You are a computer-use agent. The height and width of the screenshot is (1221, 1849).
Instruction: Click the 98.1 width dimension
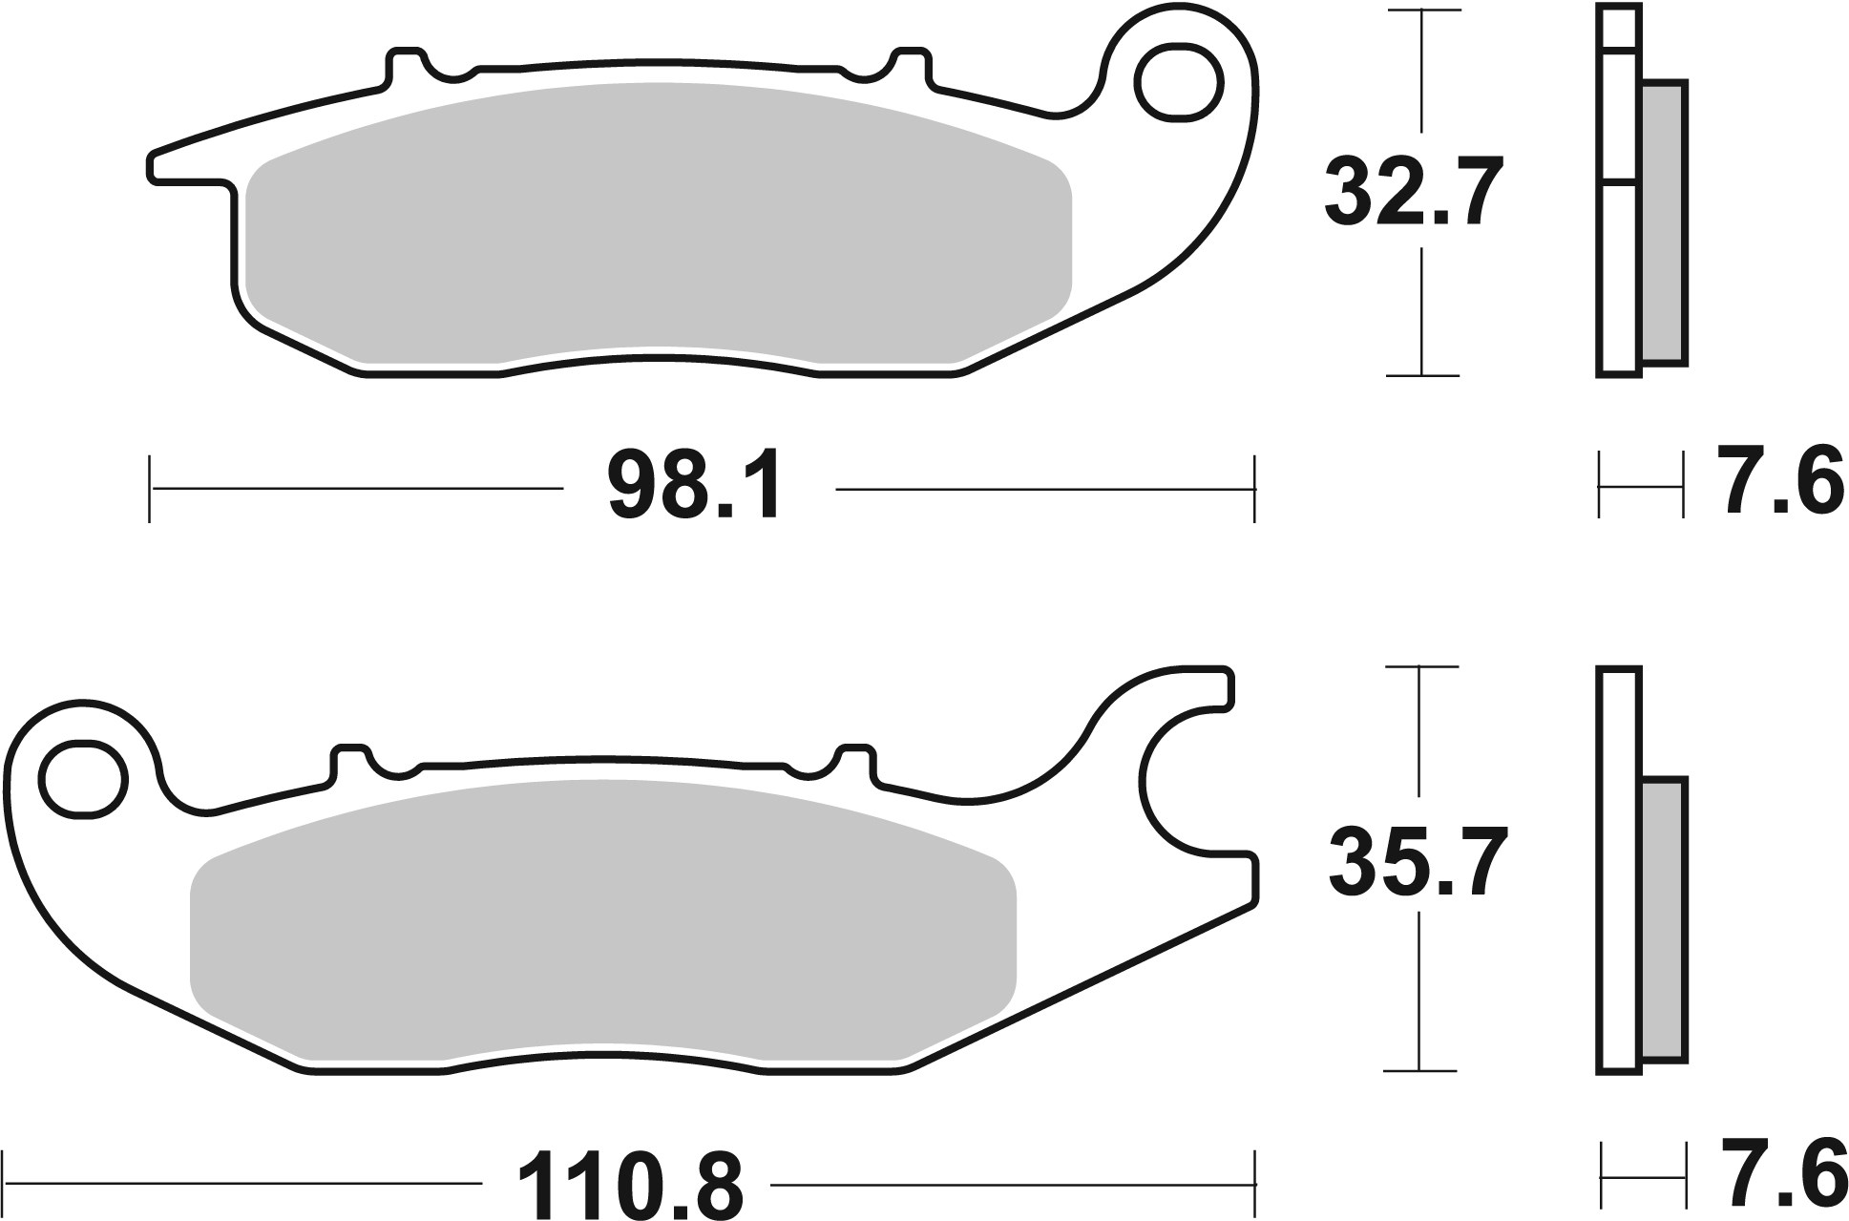click(x=696, y=489)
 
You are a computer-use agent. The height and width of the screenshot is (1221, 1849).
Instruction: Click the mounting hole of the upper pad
click(x=1179, y=82)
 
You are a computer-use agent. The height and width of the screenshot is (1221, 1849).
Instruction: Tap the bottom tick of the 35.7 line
click(x=1420, y=1070)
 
